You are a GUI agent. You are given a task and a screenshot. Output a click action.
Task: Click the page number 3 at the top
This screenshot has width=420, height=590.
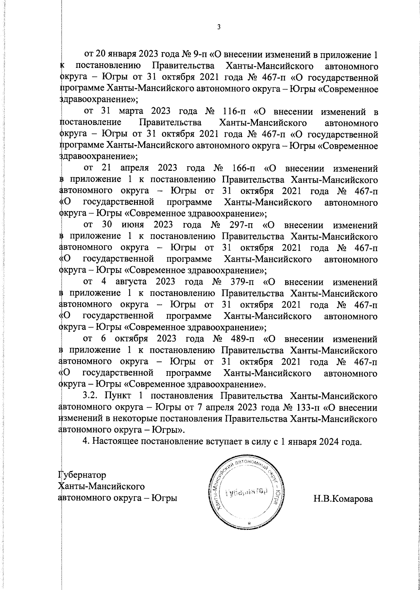click(218, 27)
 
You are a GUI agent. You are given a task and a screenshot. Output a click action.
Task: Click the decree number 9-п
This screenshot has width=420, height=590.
click(199, 55)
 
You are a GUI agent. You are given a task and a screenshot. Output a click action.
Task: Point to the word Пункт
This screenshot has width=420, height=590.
click(119, 396)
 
